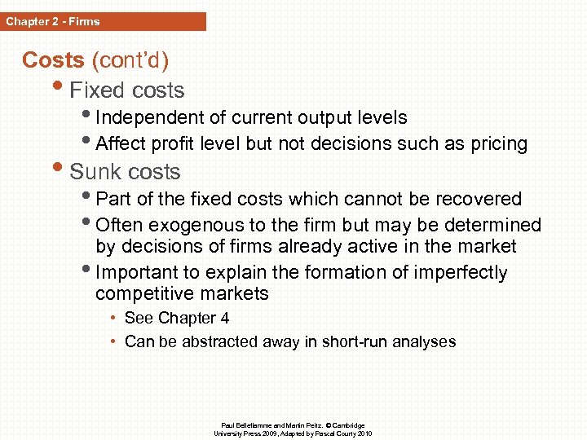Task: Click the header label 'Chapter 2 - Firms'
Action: pos(53,22)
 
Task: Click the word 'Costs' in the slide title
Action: pos(53,60)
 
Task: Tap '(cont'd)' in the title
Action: pos(130,60)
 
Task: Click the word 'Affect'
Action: pos(119,144)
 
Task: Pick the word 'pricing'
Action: pos(497,144)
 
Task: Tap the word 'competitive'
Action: pos(140,293)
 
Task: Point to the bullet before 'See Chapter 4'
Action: pos(115,319)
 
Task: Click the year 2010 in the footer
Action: pos(364,433)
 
